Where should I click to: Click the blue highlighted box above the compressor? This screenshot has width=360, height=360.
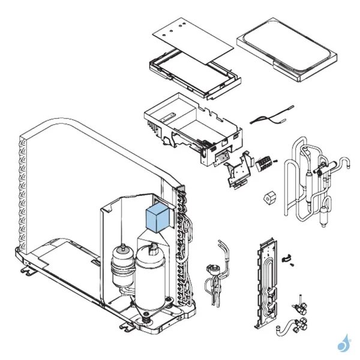click(159, 218)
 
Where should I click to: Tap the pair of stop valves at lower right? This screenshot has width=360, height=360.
click(300, 312)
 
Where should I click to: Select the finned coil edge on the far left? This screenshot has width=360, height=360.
click(24, 192)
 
